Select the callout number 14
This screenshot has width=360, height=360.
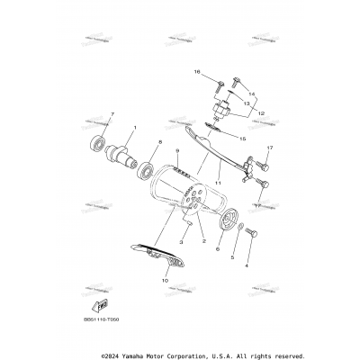pos(253,94)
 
